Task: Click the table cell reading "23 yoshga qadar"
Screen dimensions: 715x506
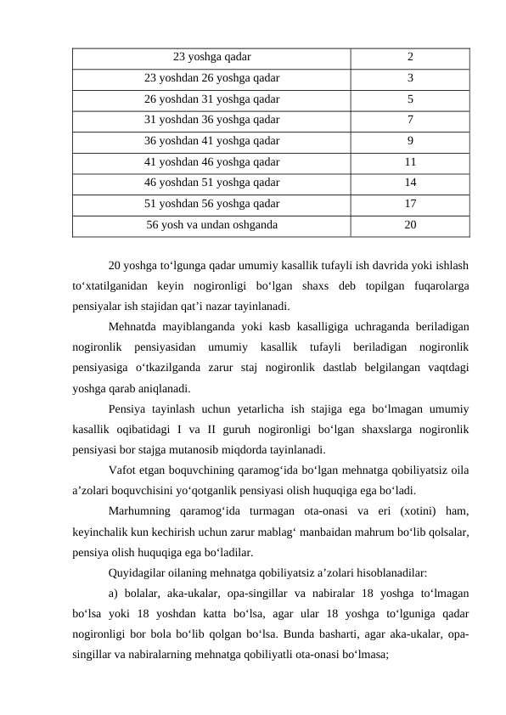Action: tap(211, 58)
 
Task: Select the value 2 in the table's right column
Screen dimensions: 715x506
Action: tap(410, 58)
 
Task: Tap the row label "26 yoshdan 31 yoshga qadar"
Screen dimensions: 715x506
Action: tap(211, 99)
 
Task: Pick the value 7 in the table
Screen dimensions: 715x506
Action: tap(410, 120)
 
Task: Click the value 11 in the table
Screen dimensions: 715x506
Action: tap(410, 161)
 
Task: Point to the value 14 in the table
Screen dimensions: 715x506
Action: tap(410, 183)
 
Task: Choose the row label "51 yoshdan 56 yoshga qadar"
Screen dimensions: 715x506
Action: tap(211, 204)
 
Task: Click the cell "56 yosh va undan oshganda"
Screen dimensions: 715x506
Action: tap(211, 225)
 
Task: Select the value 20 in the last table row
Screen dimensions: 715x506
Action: tap(410, 225)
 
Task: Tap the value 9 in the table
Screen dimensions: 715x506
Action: tap(410, 141)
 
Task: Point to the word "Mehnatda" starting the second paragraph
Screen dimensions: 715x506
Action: tap(134, 326)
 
